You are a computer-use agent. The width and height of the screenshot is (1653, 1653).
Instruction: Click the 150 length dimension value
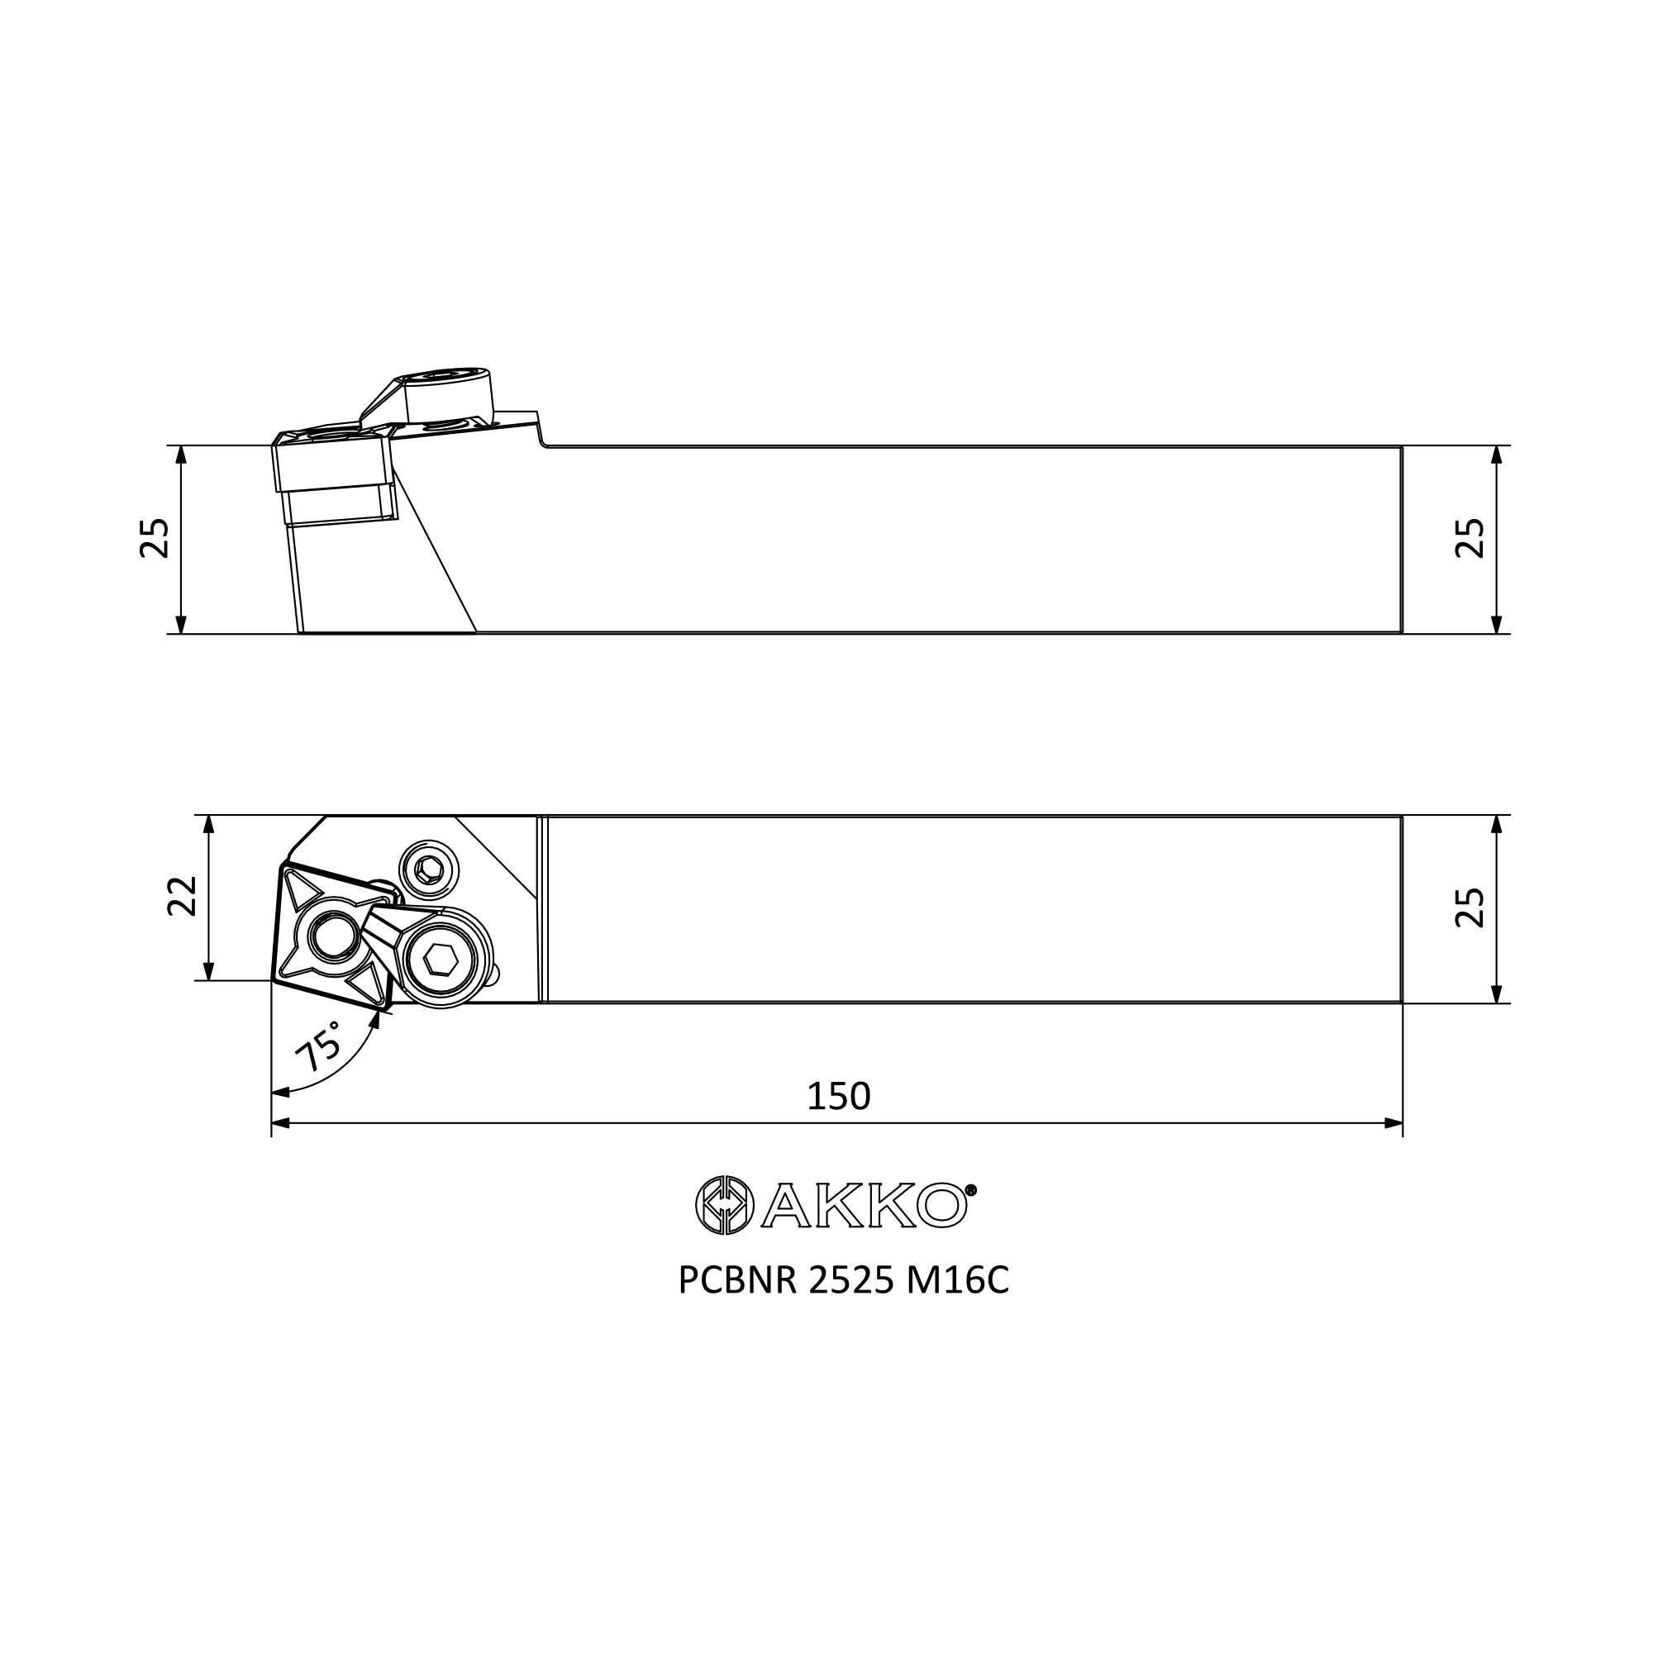click(838, 1096)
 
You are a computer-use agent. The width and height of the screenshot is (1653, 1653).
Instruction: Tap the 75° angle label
click(317, 1046)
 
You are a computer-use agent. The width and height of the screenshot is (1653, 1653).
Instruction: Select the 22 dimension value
click(181, 896)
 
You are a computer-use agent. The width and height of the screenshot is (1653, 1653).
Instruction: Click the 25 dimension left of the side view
click(155, 538)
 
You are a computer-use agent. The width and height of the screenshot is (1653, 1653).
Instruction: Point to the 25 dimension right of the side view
click(1470, 538)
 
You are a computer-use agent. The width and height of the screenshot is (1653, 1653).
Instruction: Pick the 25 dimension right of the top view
click(1470, 907)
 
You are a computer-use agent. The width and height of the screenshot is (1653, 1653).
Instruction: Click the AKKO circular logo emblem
click(725, 1206)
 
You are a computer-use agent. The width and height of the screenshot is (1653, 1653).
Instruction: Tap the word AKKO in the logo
click(865, 1206)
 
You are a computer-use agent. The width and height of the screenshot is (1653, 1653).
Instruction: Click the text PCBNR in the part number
click(737, 1281)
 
